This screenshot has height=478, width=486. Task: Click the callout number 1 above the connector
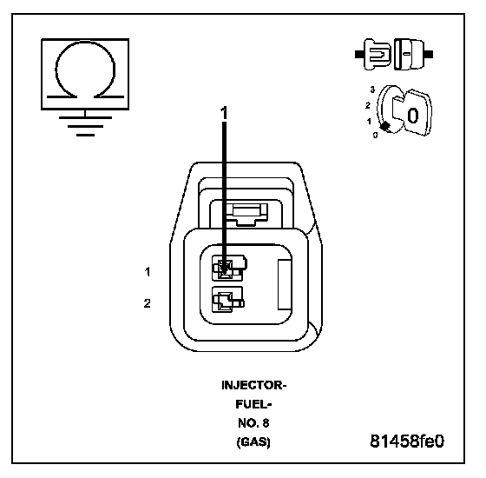point(224,113)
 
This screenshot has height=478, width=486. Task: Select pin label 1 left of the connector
point(148,272)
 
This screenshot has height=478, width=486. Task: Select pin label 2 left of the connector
point(148,303)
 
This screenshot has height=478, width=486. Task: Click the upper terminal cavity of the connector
point(229,268)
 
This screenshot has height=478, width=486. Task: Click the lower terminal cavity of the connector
point(227,300)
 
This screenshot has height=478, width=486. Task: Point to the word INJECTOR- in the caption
point(253,386)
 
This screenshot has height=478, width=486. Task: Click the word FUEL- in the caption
point(253,404)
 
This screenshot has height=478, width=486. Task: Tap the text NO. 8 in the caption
point(253,423)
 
